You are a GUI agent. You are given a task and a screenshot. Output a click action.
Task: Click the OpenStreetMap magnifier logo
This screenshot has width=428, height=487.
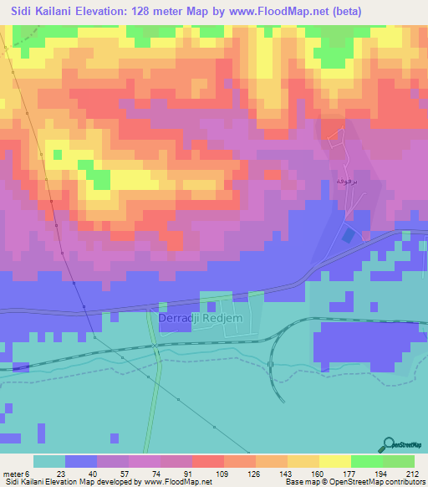(x=389, y=444)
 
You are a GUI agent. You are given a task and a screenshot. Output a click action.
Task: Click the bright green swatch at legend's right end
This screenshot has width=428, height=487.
(x=399, y=461)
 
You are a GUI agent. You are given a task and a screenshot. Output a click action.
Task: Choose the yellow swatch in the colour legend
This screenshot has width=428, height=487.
(x=335, y=461)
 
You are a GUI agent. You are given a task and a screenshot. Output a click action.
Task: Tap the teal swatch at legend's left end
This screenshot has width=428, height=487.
(x=49, y=461)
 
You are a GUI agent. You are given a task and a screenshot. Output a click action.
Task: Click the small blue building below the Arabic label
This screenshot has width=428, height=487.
(x=346, y=236)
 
